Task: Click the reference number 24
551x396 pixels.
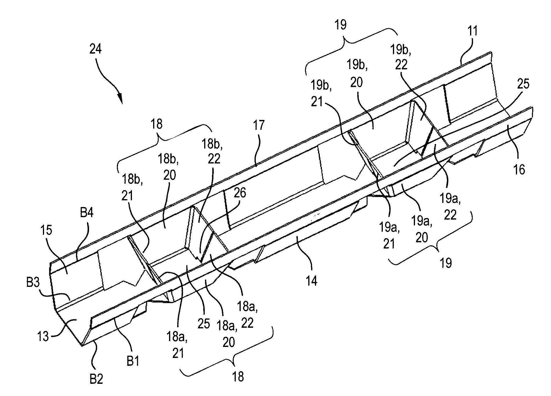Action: pos(96,49)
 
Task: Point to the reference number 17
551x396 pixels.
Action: pos(259,125)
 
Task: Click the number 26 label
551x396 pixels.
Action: pos(240,192)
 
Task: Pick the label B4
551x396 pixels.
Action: pos(86,214)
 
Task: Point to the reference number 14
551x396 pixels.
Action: pos(312,281)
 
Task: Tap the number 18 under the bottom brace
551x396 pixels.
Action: pos(238,377)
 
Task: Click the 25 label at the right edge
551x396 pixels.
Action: pos(523,84)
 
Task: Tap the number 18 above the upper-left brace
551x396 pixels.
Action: pos(157,124)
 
